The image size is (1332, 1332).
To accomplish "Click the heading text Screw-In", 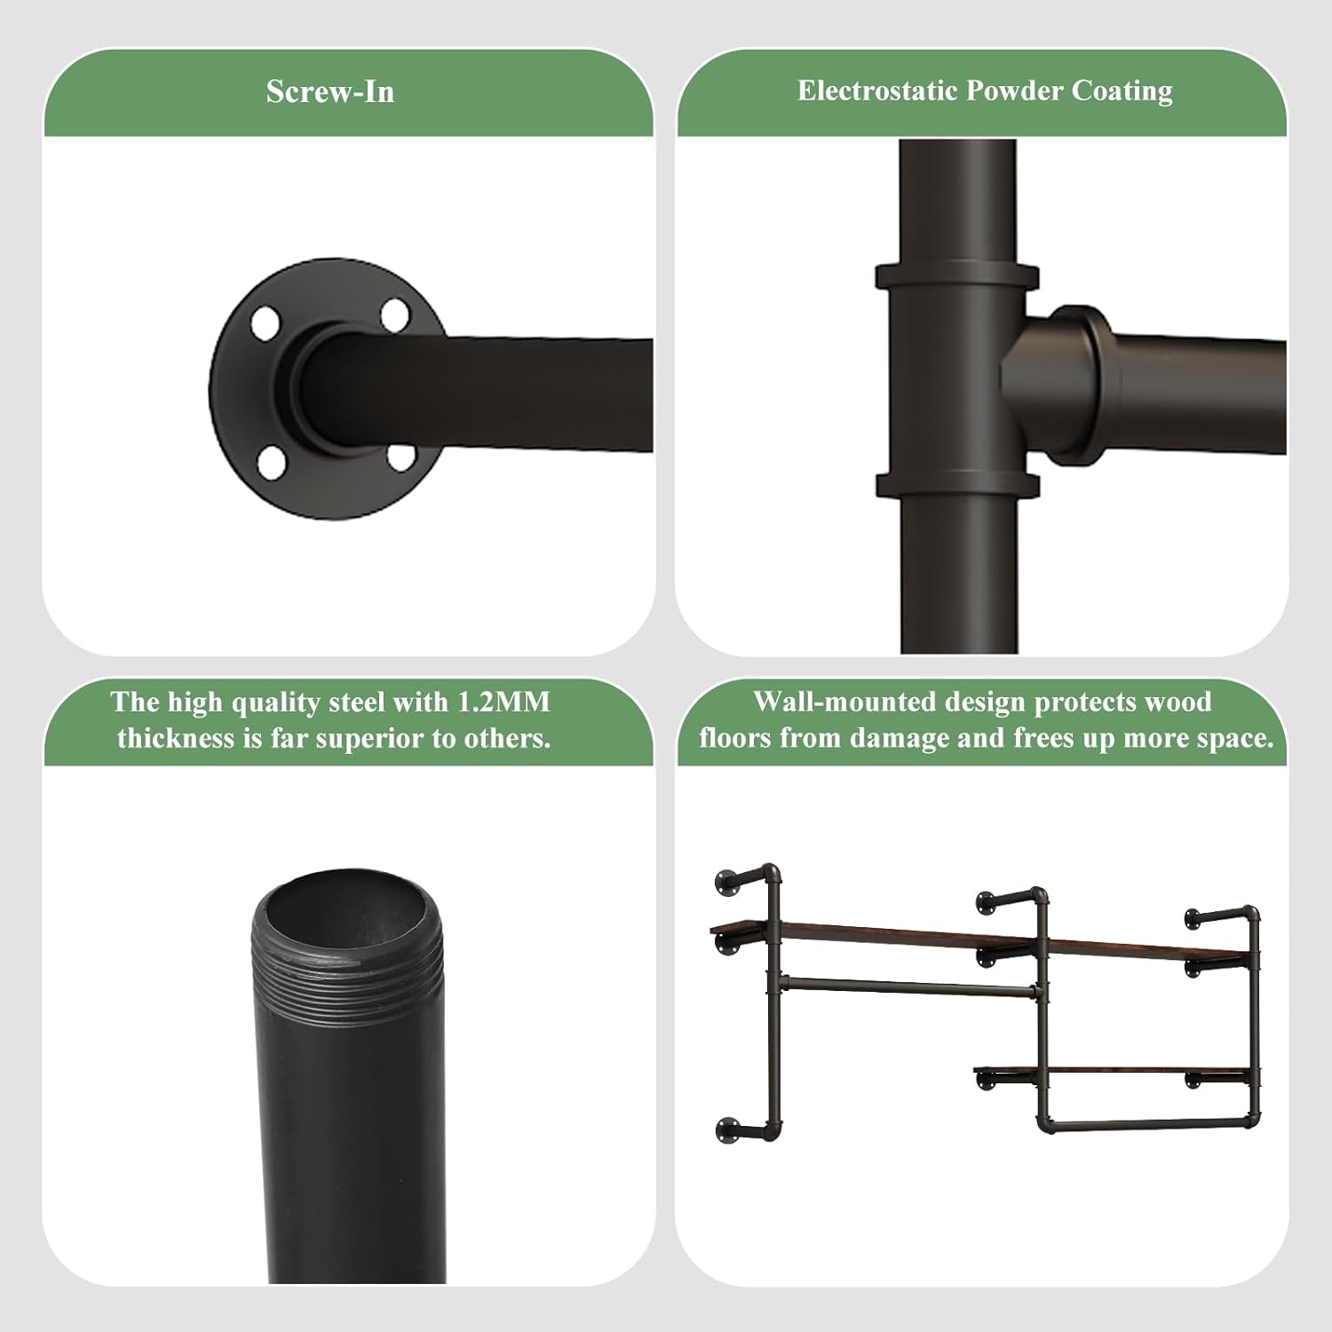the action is tap(329, 92).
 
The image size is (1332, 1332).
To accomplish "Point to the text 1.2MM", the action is tap(503, 702).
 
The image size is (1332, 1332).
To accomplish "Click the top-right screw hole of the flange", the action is tap(394, 314).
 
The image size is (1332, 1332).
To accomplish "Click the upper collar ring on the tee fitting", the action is tap(957, 275).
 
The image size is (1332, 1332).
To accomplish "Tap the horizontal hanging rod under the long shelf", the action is tap(909, 986).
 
